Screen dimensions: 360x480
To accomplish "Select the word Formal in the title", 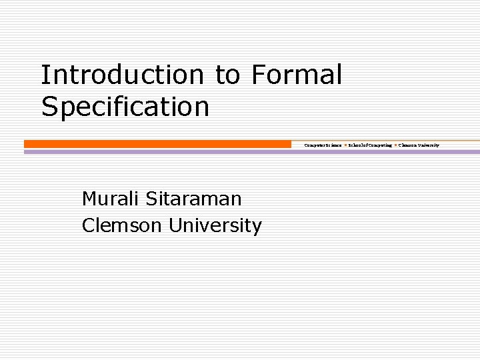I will coord(297,75).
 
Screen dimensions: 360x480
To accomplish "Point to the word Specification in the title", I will coord(125,107).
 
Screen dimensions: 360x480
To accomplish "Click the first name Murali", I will coord(110,198).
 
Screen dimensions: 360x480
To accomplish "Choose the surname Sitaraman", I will coord(193,198).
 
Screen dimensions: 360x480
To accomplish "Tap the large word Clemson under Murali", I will coord(121,225).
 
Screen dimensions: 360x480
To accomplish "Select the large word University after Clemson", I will coord(215,225).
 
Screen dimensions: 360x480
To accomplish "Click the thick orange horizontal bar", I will coord(157,144).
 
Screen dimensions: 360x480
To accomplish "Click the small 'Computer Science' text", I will coord(323,145).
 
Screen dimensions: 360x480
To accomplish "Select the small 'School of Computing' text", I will coord(370,145).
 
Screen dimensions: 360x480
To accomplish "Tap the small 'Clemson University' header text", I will coord(419,145).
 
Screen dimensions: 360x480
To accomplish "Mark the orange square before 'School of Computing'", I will coord(345,145).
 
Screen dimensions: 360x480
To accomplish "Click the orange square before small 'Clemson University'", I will coord(396,145).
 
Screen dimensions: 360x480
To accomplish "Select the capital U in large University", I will coord(175,225).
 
